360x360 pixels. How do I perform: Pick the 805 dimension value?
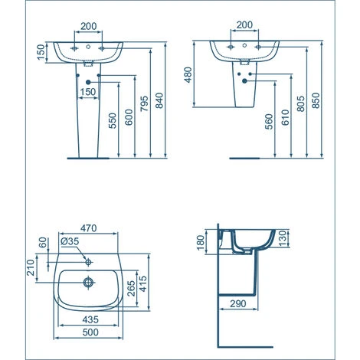[302, 103]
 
